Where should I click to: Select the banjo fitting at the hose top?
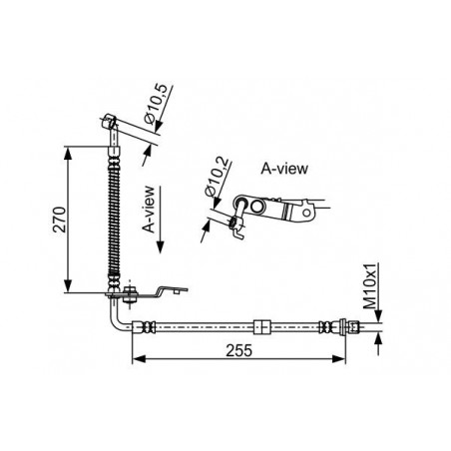112,123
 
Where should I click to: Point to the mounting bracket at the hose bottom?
160,292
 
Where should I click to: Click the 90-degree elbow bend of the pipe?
119,321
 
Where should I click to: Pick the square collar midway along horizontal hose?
262,326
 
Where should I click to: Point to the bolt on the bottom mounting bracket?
130,292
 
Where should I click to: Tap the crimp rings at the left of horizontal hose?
147,326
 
